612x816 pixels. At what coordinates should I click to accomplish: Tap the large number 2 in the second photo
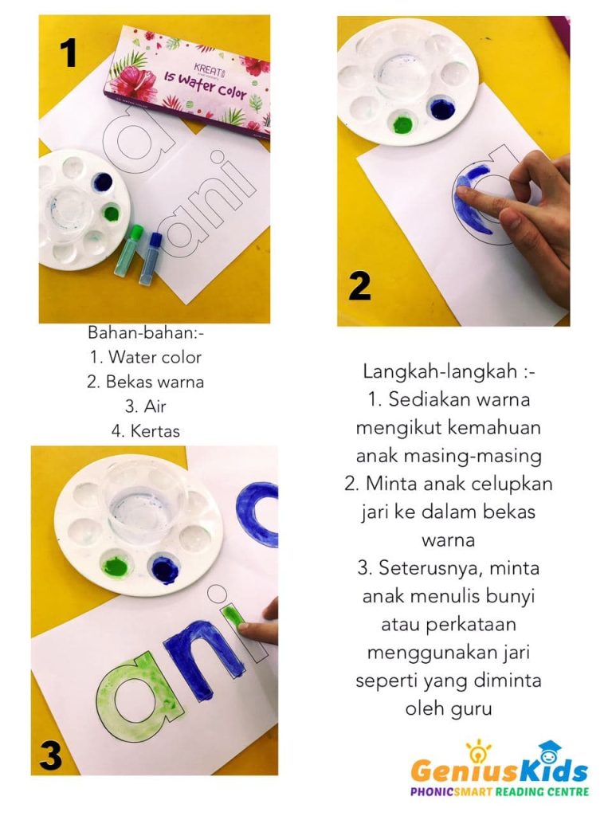(359, 286)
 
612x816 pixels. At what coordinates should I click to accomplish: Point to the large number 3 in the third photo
(51, 755)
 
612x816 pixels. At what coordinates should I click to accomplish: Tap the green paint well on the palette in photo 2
(402, 124)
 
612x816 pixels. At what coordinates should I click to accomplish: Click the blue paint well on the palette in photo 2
(440, 107)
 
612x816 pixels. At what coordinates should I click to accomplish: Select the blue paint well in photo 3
(163, 570)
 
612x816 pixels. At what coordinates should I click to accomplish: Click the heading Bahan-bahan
(146, 332)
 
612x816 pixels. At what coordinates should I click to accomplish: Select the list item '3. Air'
(145, 406)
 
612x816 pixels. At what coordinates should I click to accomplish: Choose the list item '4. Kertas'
(145, 431)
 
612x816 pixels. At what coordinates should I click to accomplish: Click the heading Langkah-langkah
(449, 371)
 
